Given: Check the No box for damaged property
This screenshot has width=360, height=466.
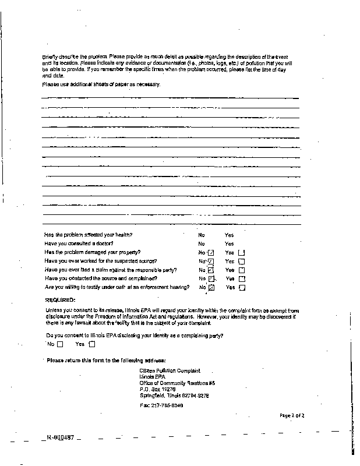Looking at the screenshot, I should (211, 253).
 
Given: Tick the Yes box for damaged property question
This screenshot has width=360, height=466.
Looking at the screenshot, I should (242, 253).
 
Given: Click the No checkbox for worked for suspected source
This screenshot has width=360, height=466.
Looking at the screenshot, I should (211, 262).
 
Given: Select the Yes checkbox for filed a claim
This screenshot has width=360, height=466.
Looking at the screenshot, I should (242, 270).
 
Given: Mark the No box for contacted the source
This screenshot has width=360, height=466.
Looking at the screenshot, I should (211, 279).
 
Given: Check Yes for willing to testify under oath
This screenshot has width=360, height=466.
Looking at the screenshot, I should (242, 288).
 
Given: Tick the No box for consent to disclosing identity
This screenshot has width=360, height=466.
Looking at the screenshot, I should (59, 344).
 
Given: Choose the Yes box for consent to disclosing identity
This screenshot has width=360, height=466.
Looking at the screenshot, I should (91, 344).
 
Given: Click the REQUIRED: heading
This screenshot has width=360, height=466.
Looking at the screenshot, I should (60, 299).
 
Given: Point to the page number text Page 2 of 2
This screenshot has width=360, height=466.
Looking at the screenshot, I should (292, 415).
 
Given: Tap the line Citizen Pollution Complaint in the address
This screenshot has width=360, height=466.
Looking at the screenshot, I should (170, 370).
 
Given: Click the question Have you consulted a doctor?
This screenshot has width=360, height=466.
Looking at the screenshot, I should (79, 243).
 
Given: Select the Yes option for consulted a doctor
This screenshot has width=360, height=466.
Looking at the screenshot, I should (229, 243).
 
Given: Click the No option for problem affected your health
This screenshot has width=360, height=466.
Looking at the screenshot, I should (202, 235).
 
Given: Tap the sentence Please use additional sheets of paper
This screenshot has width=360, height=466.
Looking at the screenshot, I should (101, 84).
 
